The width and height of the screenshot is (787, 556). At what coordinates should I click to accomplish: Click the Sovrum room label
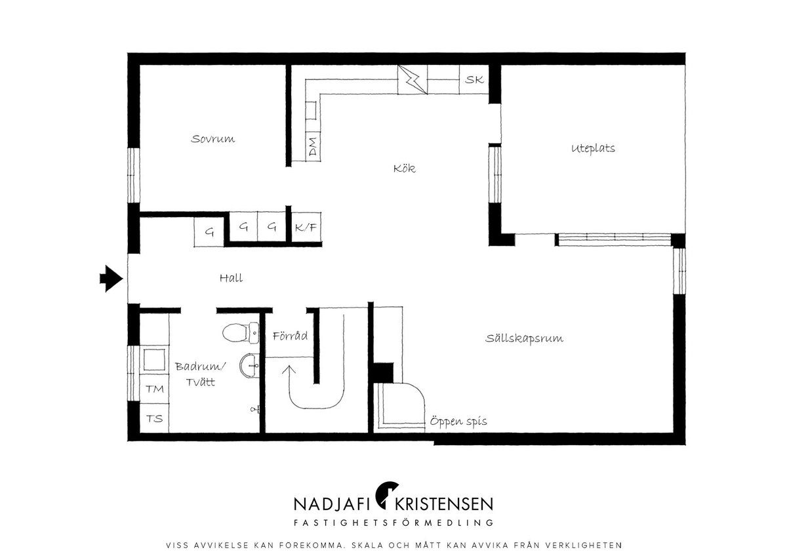click(213, 139)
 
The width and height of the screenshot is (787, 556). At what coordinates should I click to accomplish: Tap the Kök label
click(405, 169)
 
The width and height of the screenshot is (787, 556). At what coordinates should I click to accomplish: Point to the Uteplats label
click(593, 148)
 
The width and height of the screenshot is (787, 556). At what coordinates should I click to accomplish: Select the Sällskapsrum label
click(524, 338)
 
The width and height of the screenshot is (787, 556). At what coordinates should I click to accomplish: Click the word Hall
click(231, 278)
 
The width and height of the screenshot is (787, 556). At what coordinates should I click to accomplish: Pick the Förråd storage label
click(290, 336)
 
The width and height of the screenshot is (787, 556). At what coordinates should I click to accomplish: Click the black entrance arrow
click(111, 279)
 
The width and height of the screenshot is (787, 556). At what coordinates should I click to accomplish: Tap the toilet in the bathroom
click(241, 333)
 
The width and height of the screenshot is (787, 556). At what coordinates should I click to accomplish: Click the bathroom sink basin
click(249, 366)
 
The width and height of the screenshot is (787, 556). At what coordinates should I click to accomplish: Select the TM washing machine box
click(155, 388)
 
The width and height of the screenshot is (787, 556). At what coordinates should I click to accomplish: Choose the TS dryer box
click(155, 418)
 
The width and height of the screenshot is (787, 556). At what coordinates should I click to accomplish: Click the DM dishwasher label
click(312, 146)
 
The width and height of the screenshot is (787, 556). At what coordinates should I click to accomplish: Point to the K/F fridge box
click(306, 228)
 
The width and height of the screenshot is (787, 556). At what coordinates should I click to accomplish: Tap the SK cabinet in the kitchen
click(474, 79)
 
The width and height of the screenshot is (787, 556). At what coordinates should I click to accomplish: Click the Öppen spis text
click(458, 421)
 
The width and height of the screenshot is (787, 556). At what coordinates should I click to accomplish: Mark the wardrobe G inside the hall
click(209, 232)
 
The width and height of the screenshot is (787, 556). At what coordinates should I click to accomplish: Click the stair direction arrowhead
click(289, 370)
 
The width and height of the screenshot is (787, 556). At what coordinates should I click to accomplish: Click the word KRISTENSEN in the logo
click(444, 504)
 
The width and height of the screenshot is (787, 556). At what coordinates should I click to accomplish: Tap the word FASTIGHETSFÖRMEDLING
click(393, 523)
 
